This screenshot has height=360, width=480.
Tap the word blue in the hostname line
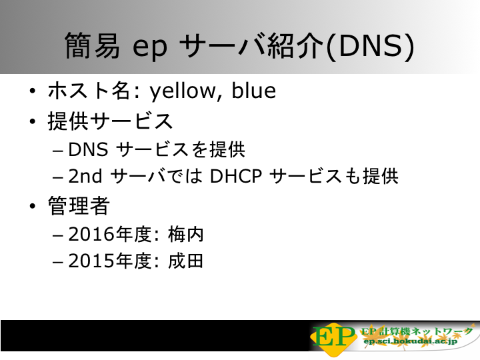[254, 90]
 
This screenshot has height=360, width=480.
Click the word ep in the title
[150, 48]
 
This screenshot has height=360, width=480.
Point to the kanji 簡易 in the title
[92, 45]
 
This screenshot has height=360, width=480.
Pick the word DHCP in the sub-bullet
[236, 176]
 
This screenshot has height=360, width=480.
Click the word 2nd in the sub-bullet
[85, 176]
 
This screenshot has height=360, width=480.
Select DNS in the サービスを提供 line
[88, 149]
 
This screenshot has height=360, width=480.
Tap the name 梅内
[186, 235]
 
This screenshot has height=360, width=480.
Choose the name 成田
[186, 261]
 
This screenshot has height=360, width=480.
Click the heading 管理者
[79, 206]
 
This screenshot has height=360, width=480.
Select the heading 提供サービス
[110, 121]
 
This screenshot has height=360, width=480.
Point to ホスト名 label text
[89, 91]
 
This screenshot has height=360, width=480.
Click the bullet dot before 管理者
[33, 206]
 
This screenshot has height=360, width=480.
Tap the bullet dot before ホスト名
[33, 91]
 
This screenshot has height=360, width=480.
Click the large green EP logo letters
[334, 337]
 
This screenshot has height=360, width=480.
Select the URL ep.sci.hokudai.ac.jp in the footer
[410, 341]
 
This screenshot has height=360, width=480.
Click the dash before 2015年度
[58, 263]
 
